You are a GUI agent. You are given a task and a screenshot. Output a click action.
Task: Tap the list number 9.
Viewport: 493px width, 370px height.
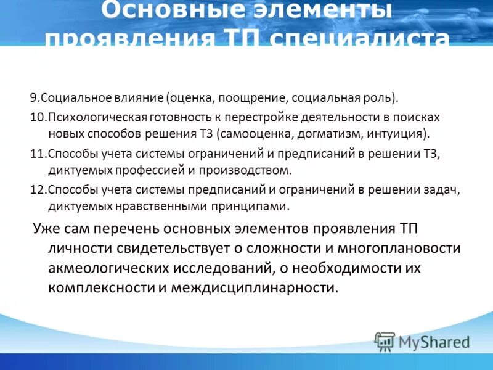(x=34, y=98)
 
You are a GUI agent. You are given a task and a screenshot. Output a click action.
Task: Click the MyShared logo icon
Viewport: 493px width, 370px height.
(x=385, y=340)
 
